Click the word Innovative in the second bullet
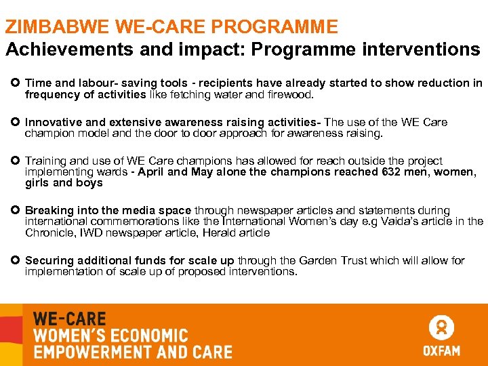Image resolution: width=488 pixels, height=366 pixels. tap(49, 123)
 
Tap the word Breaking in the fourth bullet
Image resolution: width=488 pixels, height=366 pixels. tap(45, 211)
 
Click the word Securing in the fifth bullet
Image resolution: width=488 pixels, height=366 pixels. tap(46, 261)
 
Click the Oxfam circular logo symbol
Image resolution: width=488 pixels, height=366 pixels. tap(441, 328)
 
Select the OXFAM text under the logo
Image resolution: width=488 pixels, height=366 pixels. tap(441, 351)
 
